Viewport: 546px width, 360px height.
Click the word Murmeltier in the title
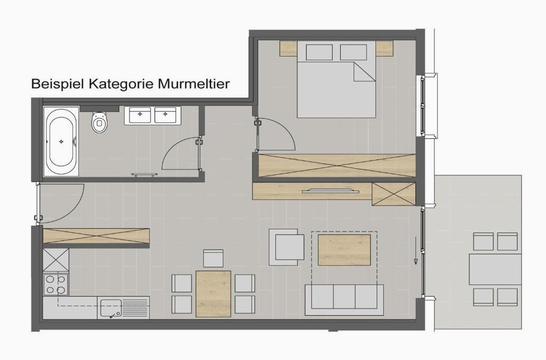point(194,84)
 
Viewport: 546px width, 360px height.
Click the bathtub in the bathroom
point(61,141)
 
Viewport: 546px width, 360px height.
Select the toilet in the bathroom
point(99,122)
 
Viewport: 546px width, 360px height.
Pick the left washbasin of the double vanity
point(140,115)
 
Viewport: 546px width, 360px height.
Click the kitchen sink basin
point(110,308)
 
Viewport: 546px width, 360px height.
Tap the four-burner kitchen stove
point(55,284)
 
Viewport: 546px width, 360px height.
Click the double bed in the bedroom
point(336,79)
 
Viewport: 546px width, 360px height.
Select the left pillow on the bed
point(319,52)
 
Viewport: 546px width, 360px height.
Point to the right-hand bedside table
point(384,49)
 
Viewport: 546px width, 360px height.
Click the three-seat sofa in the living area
point(344,300)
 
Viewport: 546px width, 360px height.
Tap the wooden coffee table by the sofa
point(344,250)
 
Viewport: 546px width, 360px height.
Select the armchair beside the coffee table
point(286,247)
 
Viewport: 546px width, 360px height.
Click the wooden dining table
point(213,294)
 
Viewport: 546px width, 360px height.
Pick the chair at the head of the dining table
point(213,258)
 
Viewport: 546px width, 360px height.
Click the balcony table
point(495,269)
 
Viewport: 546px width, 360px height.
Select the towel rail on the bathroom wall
point(144,174)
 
